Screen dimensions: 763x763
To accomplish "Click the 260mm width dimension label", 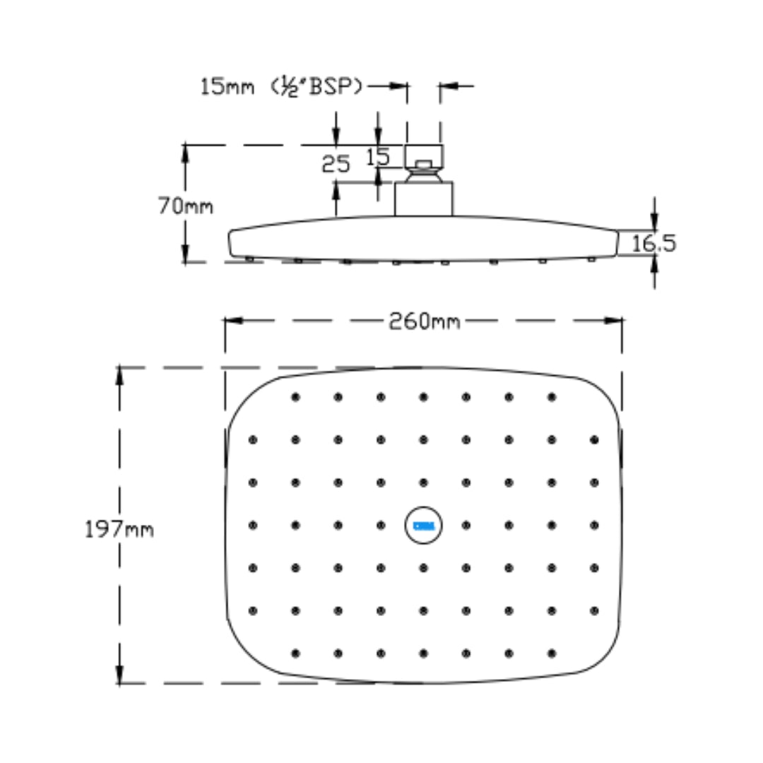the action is tap(425, 321).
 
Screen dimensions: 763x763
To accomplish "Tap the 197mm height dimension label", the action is tap(119, 529).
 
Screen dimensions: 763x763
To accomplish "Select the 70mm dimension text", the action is tap(185, 206).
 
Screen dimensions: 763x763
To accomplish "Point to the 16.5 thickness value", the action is tap(653, 243).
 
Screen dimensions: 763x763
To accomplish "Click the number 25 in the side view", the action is tap(336, 164).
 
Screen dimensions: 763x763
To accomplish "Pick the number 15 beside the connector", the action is tap(378, 157).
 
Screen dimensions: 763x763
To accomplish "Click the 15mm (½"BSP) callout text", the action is tap(282, 87).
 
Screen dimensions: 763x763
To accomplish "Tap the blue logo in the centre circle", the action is tap(424, 526).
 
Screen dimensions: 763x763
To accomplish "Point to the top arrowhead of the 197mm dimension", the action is tap(119, 376).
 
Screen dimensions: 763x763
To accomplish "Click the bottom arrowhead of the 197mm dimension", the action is tap(119, 675).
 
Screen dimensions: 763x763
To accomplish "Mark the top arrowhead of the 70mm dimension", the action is tap(185, 154).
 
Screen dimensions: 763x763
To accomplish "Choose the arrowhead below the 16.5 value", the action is tap(654, 264).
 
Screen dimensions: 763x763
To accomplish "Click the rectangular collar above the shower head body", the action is tap(423, 199).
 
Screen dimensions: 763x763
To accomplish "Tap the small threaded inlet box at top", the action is tap(424, 157).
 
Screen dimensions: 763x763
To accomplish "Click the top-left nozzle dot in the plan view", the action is tap(295, 397).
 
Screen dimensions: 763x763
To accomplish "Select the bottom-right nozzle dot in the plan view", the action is tap(551, 653).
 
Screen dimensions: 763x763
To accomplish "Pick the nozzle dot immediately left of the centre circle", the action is tap(381, 526).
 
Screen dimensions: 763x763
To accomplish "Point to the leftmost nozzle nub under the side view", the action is tap(249, 259).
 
